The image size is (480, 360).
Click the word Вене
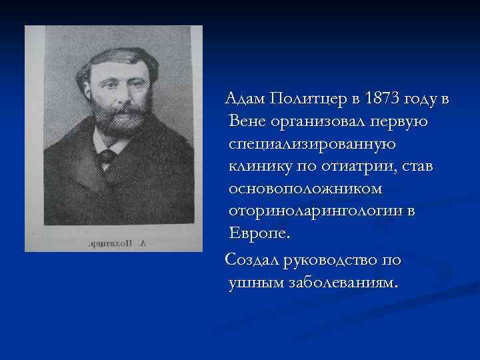(246, 122)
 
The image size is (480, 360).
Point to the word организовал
(314, 122)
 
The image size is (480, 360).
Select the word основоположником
(305, 189)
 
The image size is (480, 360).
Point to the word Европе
(259, 234)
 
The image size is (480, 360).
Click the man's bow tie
(106, 157)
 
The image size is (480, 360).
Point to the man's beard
(113, 123)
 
